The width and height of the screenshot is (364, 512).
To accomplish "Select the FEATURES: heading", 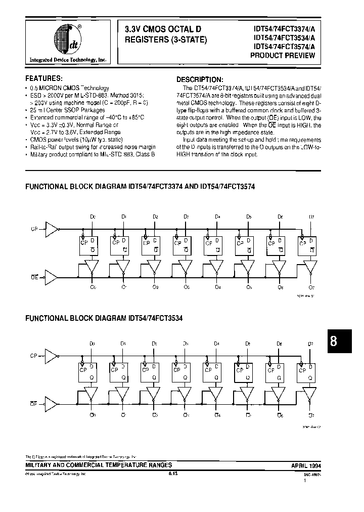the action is (x=44, y=79).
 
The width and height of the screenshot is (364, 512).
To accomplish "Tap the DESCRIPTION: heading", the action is (x=199, y=80).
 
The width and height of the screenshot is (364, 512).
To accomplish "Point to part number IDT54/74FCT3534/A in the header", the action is (x=283, y=37).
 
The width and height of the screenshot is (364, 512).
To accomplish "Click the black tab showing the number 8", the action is (x=333, y=341).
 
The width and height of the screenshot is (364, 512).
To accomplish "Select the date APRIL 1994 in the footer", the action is (x=306, y=465).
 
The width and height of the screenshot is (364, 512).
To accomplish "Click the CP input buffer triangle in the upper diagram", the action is (x=51, y=229).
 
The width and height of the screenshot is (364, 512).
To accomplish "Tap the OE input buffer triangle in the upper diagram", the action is (x=51, y=276).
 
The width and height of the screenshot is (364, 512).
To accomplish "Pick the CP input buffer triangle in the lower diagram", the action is (x=51, y=356).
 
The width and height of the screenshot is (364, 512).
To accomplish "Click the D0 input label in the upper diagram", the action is (x=93, y=217).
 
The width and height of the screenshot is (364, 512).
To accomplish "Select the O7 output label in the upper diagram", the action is (x=311, y=288).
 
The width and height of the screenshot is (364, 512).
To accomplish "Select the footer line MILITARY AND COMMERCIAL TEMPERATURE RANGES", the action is (x=99, y=465).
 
